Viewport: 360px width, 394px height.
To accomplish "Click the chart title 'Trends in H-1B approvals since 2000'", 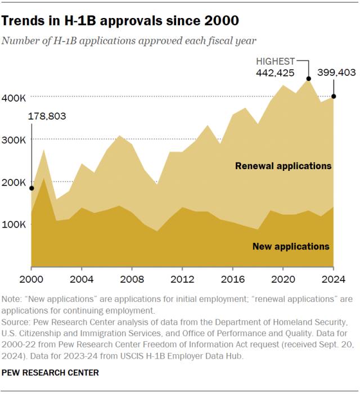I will click(x=120, y=21).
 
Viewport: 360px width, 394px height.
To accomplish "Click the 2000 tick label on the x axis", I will click(x=31, y=277).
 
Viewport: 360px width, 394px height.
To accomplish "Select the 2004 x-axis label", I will click(x=82, y=277).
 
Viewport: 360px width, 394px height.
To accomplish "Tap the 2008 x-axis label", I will click(x=132, y=277).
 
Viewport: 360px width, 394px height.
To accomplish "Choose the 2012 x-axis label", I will click(x=182, y=277).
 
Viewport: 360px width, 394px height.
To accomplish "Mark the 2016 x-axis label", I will click(x=232, y=277).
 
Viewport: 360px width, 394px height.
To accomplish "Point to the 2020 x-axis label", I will click(x=283, y=277).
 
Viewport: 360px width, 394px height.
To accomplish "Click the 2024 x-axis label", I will click(x=333, y=277).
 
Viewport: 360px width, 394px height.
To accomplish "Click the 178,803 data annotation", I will click(x=47, y=116).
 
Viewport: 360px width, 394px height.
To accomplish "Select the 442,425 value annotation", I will click(x=275, y=73).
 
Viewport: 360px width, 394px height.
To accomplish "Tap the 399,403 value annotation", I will click(x=337, y=73).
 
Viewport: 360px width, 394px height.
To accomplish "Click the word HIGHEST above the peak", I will click(x=276, y=60).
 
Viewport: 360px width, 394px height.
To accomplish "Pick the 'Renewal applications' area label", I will click(x=283, y=166).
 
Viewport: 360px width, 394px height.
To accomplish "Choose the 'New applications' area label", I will click(x=290, y=246).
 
